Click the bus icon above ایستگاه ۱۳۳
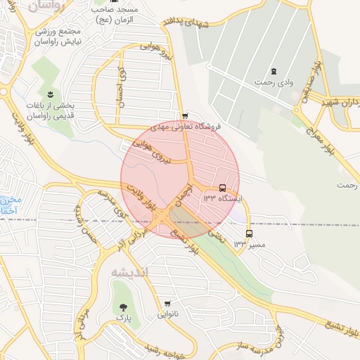[x=223, y=188]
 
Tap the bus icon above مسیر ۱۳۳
[x=250, y=233]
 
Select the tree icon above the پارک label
[x=124, y=307]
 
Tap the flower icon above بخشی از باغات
[x=50, y=94]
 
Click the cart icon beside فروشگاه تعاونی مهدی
[x=185, y=116]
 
